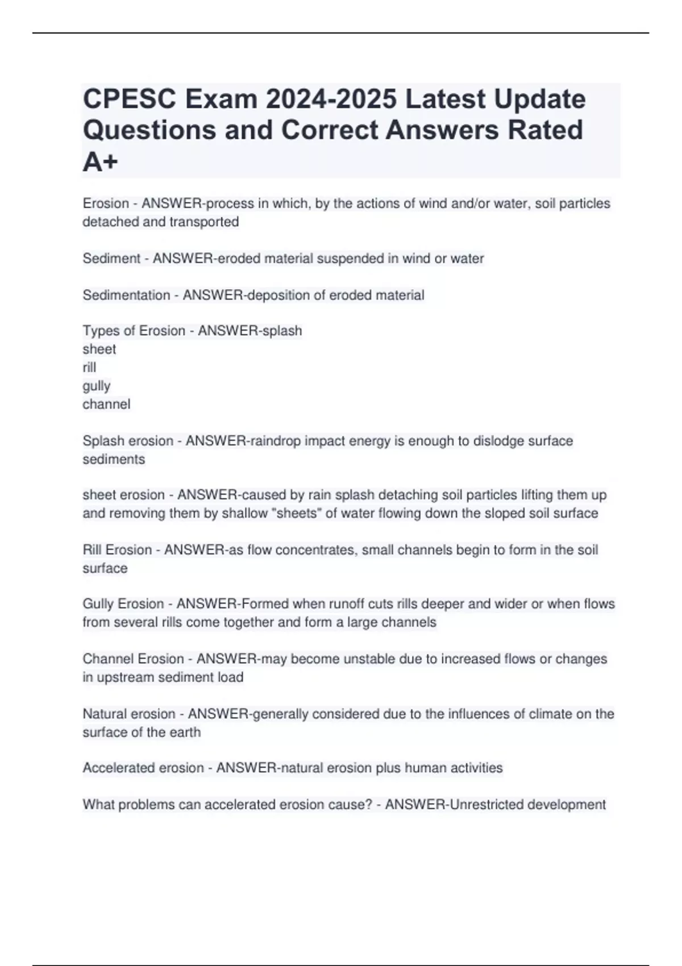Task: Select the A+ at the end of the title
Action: click(101, 162)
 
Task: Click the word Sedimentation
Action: click(126, 295)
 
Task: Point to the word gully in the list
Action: click(97, 386)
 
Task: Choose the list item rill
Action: click(89, 367)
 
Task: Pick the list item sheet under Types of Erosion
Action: click(99, 349)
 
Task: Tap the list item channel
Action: click(106, 404)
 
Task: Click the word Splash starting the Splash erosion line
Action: click(103, 441)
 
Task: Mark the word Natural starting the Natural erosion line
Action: click(105, 714)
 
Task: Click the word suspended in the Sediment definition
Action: click(350, 259)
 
